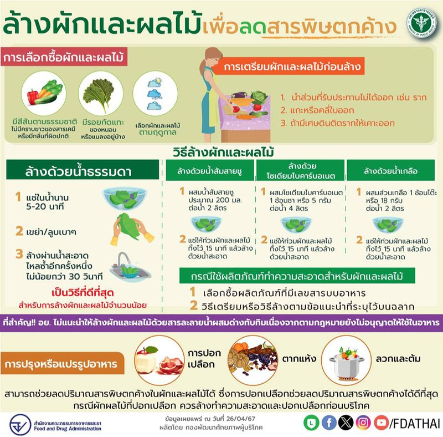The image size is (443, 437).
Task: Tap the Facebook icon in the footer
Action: click(x=329, y=423)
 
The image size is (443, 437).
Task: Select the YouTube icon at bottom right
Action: click(x=381, y=423)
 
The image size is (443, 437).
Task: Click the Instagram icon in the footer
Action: click(x=364, y=423)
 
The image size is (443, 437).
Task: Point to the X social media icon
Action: click(x=346, y=423)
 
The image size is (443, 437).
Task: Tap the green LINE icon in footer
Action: click(x=312, y=423)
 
